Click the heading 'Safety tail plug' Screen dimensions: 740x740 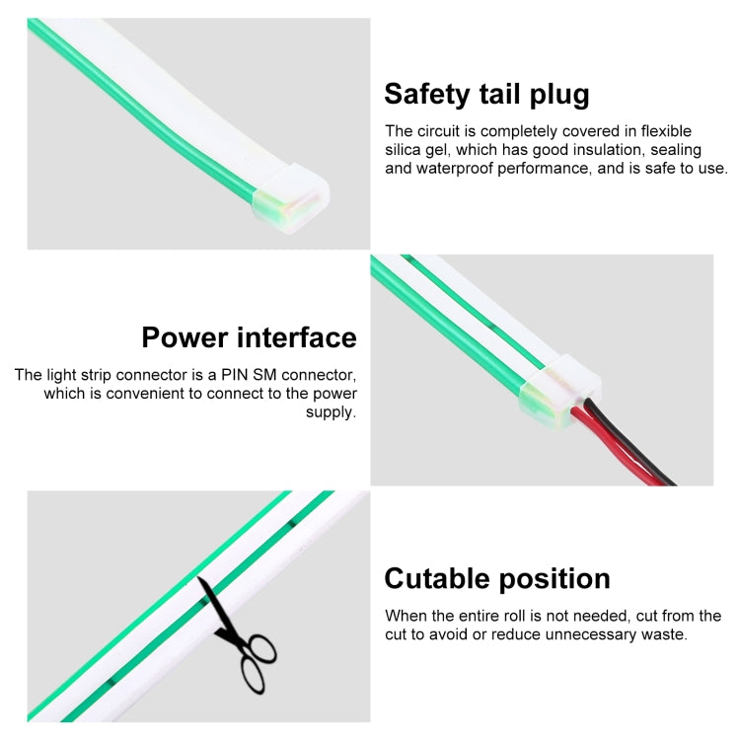(486, 95)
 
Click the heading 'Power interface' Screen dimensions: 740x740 (250, 337)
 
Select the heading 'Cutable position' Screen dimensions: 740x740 (497, 578)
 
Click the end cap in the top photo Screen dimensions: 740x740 (291, 198)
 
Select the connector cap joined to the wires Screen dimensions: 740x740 (560, 392)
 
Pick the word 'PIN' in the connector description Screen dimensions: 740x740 (235, 375)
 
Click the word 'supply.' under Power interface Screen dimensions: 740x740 (332, 412)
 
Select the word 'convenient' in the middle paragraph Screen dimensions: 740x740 (145, 394)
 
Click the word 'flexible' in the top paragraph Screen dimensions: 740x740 (666, 130)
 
